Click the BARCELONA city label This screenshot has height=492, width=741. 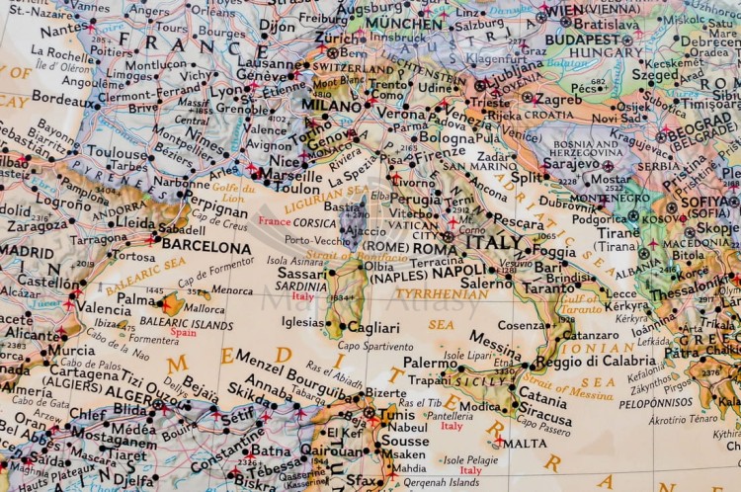tap(206, 247)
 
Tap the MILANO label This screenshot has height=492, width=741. tap(332, 105)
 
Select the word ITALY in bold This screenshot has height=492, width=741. tap(495, 242)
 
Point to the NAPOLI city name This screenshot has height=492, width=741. tap(460, 271)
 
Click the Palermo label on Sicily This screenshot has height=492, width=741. tap(430, 363)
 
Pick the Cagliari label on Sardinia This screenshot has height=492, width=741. tap(373, 327)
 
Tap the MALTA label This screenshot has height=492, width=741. tap(525, 444)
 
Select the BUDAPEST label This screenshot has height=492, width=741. tap(582, 39)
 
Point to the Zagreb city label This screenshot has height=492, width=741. tap(558, 100)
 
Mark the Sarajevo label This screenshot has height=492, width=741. tap(572, 163)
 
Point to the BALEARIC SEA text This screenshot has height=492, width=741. tap(145, 274)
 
